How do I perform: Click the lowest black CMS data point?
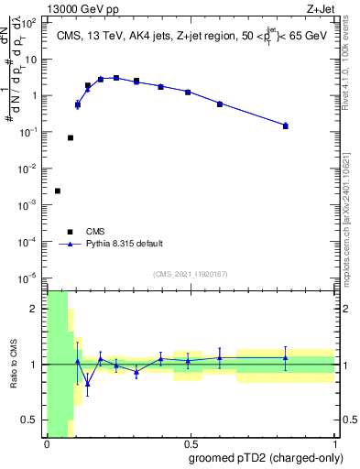[58, 191]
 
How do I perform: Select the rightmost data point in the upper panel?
[286, 125]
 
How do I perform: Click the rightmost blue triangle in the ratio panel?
[286, 358]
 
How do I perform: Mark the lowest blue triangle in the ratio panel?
[88, 384]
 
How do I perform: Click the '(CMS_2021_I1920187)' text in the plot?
[190, 273]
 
